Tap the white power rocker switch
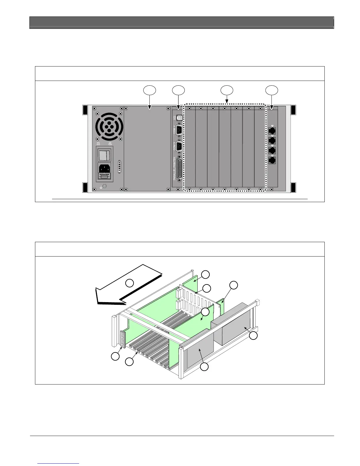[x=104, y=155]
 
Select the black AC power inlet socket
[x=104, y=169]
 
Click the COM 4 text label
[x=175, y=130]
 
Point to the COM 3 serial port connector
[x=179, y=146]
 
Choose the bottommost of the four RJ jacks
[x=272, y=160]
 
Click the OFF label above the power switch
[x=99, y=144]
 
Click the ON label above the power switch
[x=110, y=144]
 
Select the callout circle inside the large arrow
[x=129, y=283]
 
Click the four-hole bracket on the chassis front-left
[x=123, y=339]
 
